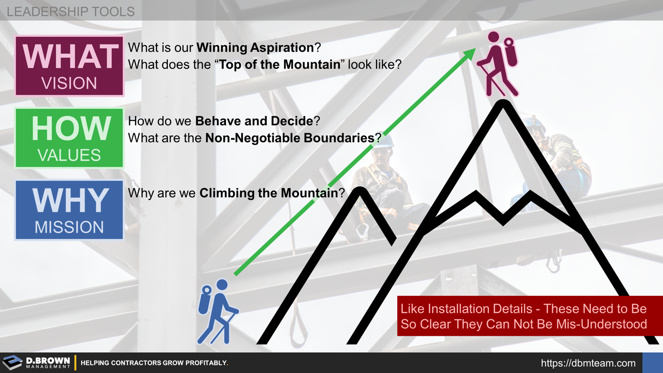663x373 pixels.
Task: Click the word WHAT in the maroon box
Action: [70, 56]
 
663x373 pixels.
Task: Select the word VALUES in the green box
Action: [69, 155]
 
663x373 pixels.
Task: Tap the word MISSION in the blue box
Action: [69, 227]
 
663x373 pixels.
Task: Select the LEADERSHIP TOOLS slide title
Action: [70, 11]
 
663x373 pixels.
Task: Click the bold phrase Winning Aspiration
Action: [255, 48]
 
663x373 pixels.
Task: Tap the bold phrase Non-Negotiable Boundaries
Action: [290, 138]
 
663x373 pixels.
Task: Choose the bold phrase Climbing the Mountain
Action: [268, 194]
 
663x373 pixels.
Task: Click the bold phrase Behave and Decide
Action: [254, 121]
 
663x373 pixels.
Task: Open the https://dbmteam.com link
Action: [588, 363]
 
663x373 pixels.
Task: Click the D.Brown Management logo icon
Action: [12, 362]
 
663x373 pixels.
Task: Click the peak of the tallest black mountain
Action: [502, 103]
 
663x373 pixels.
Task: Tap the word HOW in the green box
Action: [71, 128]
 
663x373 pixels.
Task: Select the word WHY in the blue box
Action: [70, 200]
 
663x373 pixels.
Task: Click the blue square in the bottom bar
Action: [652, 363]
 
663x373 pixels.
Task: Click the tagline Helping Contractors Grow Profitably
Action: [154, 363]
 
